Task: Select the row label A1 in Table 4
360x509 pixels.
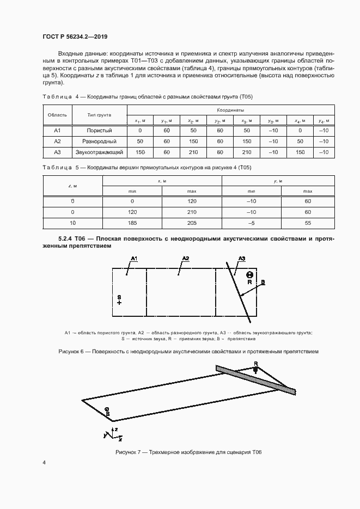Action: coord(57,131)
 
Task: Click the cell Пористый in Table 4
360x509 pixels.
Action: coord(99,131)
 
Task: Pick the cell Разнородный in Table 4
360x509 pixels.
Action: coord(99,142)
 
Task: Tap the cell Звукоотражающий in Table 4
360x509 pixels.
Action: coord(99,152)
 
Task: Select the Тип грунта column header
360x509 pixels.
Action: coord(99,115)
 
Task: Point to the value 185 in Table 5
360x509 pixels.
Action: coord(132,223)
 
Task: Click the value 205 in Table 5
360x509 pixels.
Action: coord(191,223)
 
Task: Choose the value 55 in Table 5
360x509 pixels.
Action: coord(308,223)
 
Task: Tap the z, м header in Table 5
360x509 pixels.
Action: coord(72,186)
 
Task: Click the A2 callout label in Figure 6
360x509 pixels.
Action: coord(186,257)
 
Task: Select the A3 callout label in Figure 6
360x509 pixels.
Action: coord(243,257)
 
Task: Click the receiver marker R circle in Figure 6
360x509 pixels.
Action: coord(249,275)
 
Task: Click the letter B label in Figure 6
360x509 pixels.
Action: coord(263,281)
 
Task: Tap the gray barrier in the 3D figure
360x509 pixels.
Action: coord(256,379)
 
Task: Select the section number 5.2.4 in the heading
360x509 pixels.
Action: coord(66,239)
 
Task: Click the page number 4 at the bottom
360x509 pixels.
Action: coord(44,462)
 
